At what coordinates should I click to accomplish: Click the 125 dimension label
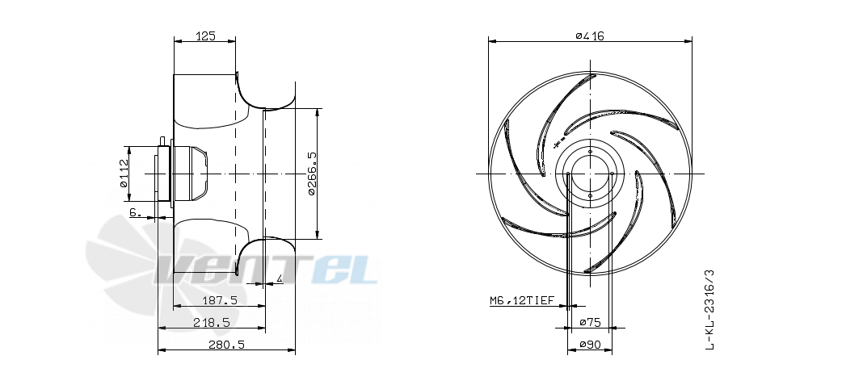point(204,36)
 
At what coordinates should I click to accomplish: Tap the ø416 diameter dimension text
point(590,36)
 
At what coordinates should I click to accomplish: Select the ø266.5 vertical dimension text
point(312,174)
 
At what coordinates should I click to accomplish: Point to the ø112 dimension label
point(124,174)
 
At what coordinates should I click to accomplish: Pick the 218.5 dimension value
point(212,323)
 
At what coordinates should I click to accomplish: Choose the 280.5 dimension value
point(226,345)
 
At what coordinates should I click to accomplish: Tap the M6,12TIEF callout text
point(524,301)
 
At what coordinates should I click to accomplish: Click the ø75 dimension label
point(589,323)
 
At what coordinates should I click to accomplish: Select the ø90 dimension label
point(589,345)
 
